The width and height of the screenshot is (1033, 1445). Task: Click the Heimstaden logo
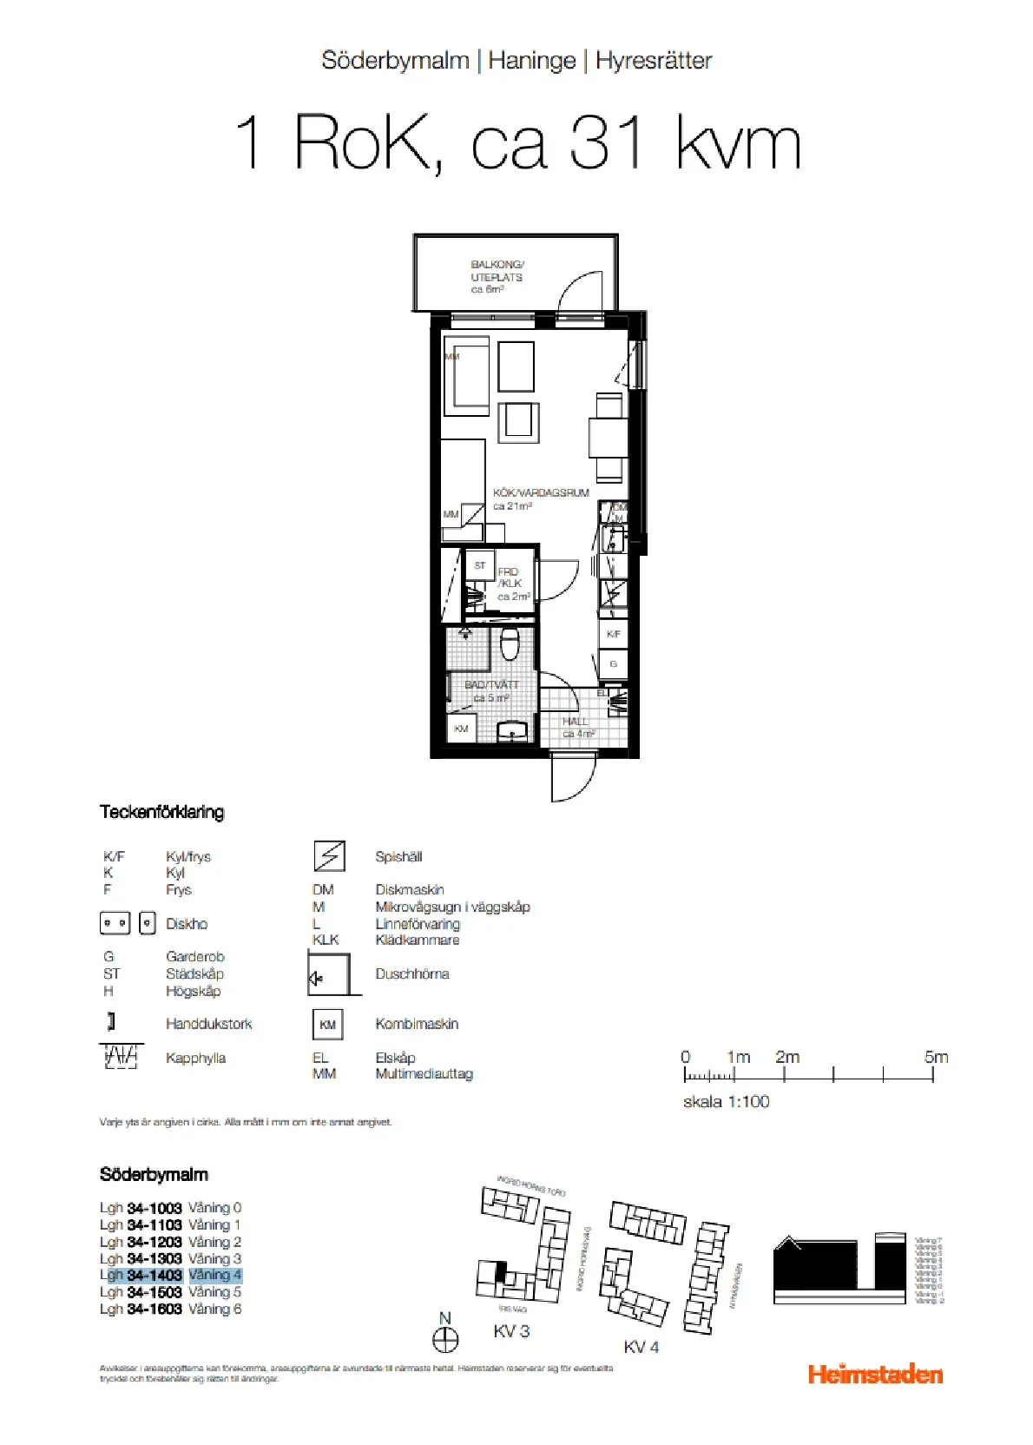point(874,1374)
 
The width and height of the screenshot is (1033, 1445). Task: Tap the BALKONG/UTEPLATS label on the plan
point(497,276)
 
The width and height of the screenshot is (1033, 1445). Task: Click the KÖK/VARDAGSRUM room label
point(540,498)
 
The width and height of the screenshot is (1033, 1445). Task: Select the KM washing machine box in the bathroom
point(461,729)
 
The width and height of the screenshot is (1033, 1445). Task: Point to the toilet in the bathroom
point(510,643)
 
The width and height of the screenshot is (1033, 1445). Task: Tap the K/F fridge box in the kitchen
point(613,634)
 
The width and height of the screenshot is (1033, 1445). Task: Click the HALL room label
point(576,727)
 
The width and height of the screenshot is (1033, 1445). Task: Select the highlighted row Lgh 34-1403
point(170,1275)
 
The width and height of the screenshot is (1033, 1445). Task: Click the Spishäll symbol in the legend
point(329,856)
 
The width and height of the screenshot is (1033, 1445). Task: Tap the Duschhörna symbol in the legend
point(329,974)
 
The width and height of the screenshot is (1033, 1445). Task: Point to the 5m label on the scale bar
point(936,1057)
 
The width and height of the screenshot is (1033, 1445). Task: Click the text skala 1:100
point(726,1101)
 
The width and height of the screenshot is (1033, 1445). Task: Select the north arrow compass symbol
point(445,1339)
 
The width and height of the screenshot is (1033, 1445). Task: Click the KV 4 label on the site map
point(641,1347)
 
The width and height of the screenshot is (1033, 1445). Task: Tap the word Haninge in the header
point(531,60)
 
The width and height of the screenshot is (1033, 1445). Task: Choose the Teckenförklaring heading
point(161,812)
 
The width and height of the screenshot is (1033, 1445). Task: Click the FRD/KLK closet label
point(510,584)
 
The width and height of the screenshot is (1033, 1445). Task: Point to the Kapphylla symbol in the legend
point(121,1056)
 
